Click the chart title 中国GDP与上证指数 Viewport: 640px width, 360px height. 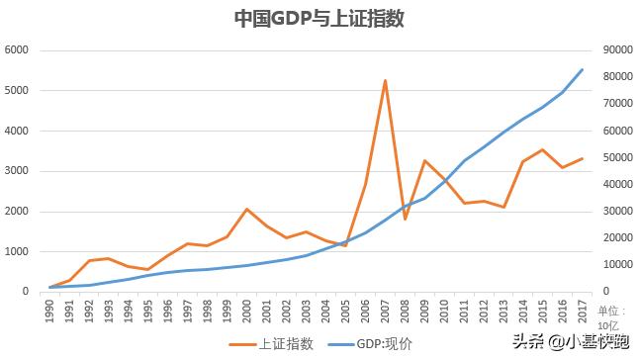[319, 19]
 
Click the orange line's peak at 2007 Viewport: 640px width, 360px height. [385, 80]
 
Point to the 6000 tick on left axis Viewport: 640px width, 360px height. [17, 49]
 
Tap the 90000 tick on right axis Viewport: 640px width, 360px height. [618, 49]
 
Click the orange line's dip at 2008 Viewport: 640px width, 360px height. [405, 220]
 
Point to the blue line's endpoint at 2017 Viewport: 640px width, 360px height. [582, 69]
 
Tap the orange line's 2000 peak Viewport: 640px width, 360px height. [247, 209]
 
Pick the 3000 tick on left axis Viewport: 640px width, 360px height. [17, 170]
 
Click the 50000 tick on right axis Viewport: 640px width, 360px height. [618, 157]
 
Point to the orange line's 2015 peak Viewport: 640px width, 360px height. [542, 149]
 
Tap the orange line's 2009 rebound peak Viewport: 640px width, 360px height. [424, 160]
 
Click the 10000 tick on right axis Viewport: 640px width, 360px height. [618, 265]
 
